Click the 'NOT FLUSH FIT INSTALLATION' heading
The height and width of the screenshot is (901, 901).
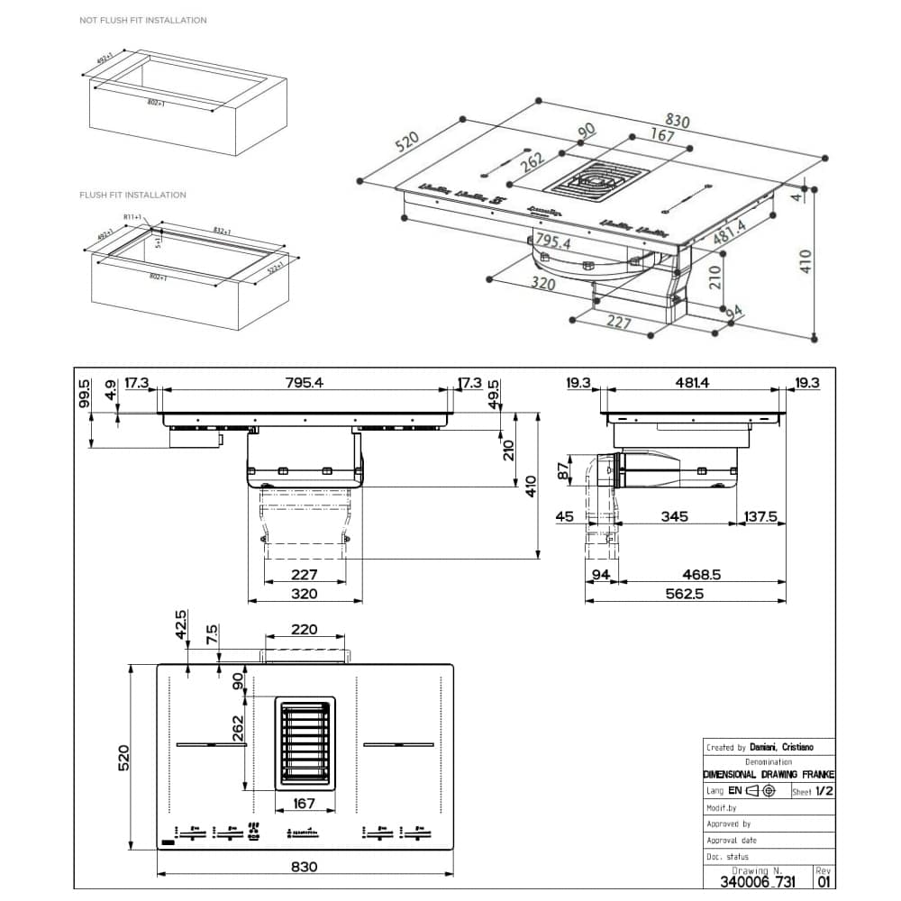[x=142, y=20]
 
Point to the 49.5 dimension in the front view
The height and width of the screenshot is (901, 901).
[x=493, y=394]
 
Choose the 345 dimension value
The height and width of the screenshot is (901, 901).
[x=674, y=516]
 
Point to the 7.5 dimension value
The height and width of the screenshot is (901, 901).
[x=213, y=633]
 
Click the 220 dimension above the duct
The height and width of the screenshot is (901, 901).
[x=304, y=629]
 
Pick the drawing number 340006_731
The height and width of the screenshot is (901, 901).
[x=758, y=881]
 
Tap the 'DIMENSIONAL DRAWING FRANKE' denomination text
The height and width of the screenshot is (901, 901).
[x=769, y=775]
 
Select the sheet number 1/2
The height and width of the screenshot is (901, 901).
[x=824, y=791]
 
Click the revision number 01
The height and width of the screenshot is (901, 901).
[x=823, y=881]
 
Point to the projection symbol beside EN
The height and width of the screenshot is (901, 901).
[x=760, y=791]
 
